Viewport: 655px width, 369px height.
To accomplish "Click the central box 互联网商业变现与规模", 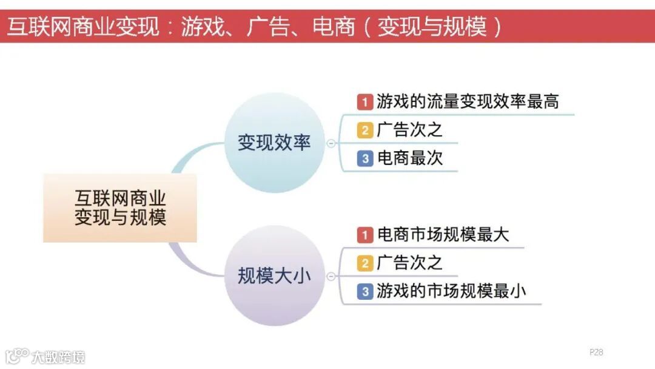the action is (x=120, y=208).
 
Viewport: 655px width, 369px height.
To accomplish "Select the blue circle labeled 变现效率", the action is (x=274, y=143).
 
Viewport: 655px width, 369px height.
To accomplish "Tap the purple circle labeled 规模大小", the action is (x=274, y=276).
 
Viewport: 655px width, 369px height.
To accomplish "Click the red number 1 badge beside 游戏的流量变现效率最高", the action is (x=364, y=101).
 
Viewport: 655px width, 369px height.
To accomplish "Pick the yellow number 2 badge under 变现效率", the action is (x=364, y=130).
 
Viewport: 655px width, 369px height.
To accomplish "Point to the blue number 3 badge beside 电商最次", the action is (x=364, y=158).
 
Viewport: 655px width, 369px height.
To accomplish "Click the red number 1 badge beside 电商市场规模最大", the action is (x=364, y=234).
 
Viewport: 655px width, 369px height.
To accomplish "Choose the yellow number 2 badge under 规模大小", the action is (x=364, y=263).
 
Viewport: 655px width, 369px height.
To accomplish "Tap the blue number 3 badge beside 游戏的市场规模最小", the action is (x=364, y=291).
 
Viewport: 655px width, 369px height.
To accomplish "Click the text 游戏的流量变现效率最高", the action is (x=468, y=101).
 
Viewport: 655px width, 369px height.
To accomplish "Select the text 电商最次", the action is (x=410, y=158).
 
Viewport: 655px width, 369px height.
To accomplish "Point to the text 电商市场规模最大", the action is (x=443, y=234).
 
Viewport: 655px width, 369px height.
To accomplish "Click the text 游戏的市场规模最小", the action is (x=451, y=291).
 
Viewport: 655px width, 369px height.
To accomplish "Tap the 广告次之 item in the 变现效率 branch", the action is (x=410, y=130).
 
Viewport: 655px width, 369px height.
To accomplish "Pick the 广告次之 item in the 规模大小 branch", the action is (x=410, y=263).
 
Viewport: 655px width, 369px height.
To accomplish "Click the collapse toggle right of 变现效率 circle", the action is (x=331, y=144).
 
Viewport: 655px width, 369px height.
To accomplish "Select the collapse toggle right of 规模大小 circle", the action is (x=331, y=277).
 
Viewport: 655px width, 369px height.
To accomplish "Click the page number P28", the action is (x=596, y=352).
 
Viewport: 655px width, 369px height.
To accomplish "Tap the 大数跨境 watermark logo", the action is (x=45, y=356).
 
